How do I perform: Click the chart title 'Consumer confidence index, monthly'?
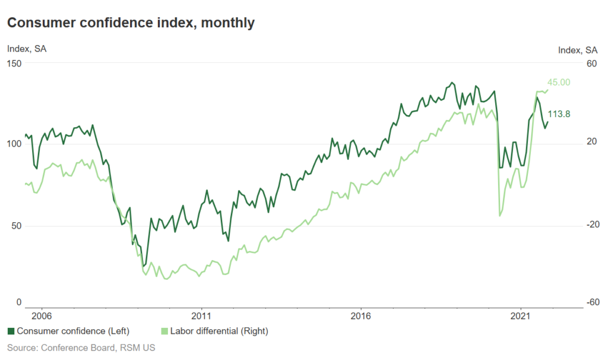pos(131,23)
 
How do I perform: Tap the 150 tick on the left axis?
pos(14,63)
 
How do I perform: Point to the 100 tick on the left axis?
pos(14,144)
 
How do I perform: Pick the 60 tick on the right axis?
pos(591,63)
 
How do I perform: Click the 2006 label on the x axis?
pos(41,315)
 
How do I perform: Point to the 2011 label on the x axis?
pos(202,315)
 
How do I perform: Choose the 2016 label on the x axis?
pos(362,315)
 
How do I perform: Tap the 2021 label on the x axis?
pos(521,315)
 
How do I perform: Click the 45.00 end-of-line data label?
pos(558,82)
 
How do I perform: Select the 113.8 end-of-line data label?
pos(559,114)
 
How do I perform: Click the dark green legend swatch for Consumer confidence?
pos(11,331)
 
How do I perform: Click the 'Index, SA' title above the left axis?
pos(27,49)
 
